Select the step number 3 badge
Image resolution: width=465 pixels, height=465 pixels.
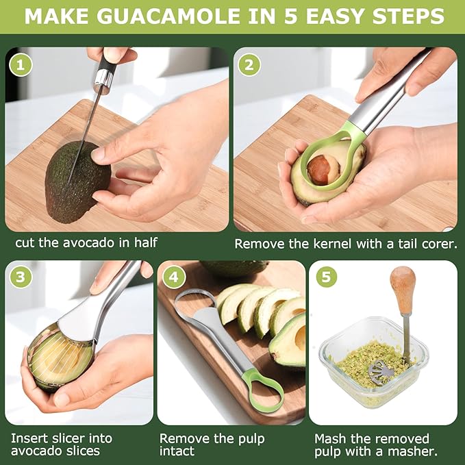pyautogui.click(x=21, y=277)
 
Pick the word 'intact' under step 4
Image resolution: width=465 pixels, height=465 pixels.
pyautogui.click(x=177, y=451)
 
